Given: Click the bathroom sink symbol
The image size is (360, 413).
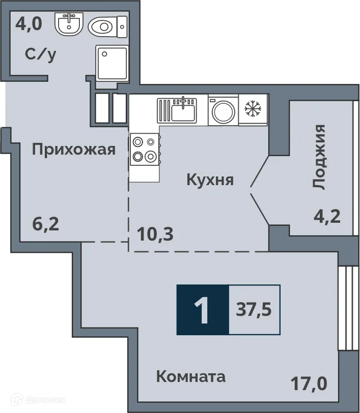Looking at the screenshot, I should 68,23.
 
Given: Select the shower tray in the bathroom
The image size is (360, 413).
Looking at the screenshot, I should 112,63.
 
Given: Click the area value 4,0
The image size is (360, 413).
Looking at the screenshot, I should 28,23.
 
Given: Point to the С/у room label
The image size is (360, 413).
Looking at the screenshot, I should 41,54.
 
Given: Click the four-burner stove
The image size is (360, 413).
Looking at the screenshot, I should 144,150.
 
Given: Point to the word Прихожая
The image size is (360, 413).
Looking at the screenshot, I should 74,150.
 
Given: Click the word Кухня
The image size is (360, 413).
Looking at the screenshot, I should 210,180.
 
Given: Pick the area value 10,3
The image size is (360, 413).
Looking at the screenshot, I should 155,234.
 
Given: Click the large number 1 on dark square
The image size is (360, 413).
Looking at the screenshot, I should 203,310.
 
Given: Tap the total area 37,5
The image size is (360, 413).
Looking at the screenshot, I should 254,310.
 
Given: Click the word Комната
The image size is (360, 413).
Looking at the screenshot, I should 190,377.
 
